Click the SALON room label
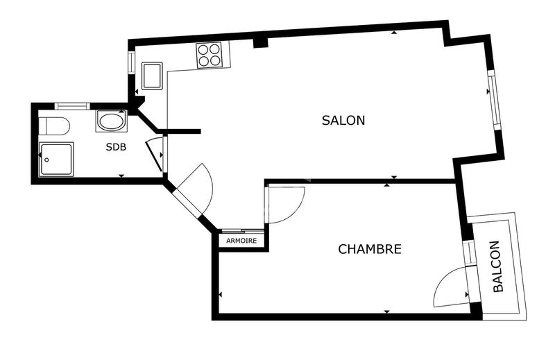343,120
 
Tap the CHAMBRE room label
369,249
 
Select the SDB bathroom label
116,147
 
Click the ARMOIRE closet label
241,241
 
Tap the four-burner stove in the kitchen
208,54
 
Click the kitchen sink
152,75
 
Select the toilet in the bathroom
54,126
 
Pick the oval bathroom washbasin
111,121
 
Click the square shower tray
55,159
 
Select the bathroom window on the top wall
72,105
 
